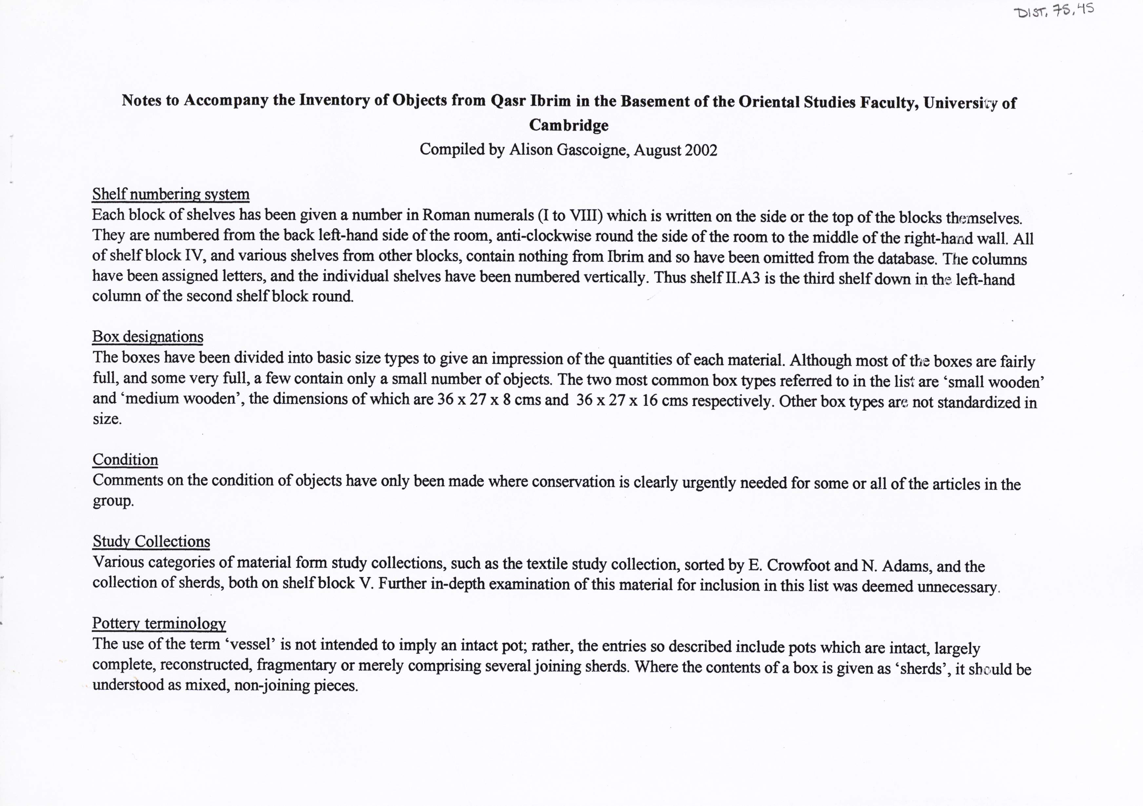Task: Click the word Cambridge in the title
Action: coord(568,125)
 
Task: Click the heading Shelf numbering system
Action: coord(171,194)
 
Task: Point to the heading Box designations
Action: coord(148,337)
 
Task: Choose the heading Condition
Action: coord(126,459)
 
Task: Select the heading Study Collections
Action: coord(151,541)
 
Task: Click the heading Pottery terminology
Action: coord(159,623)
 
